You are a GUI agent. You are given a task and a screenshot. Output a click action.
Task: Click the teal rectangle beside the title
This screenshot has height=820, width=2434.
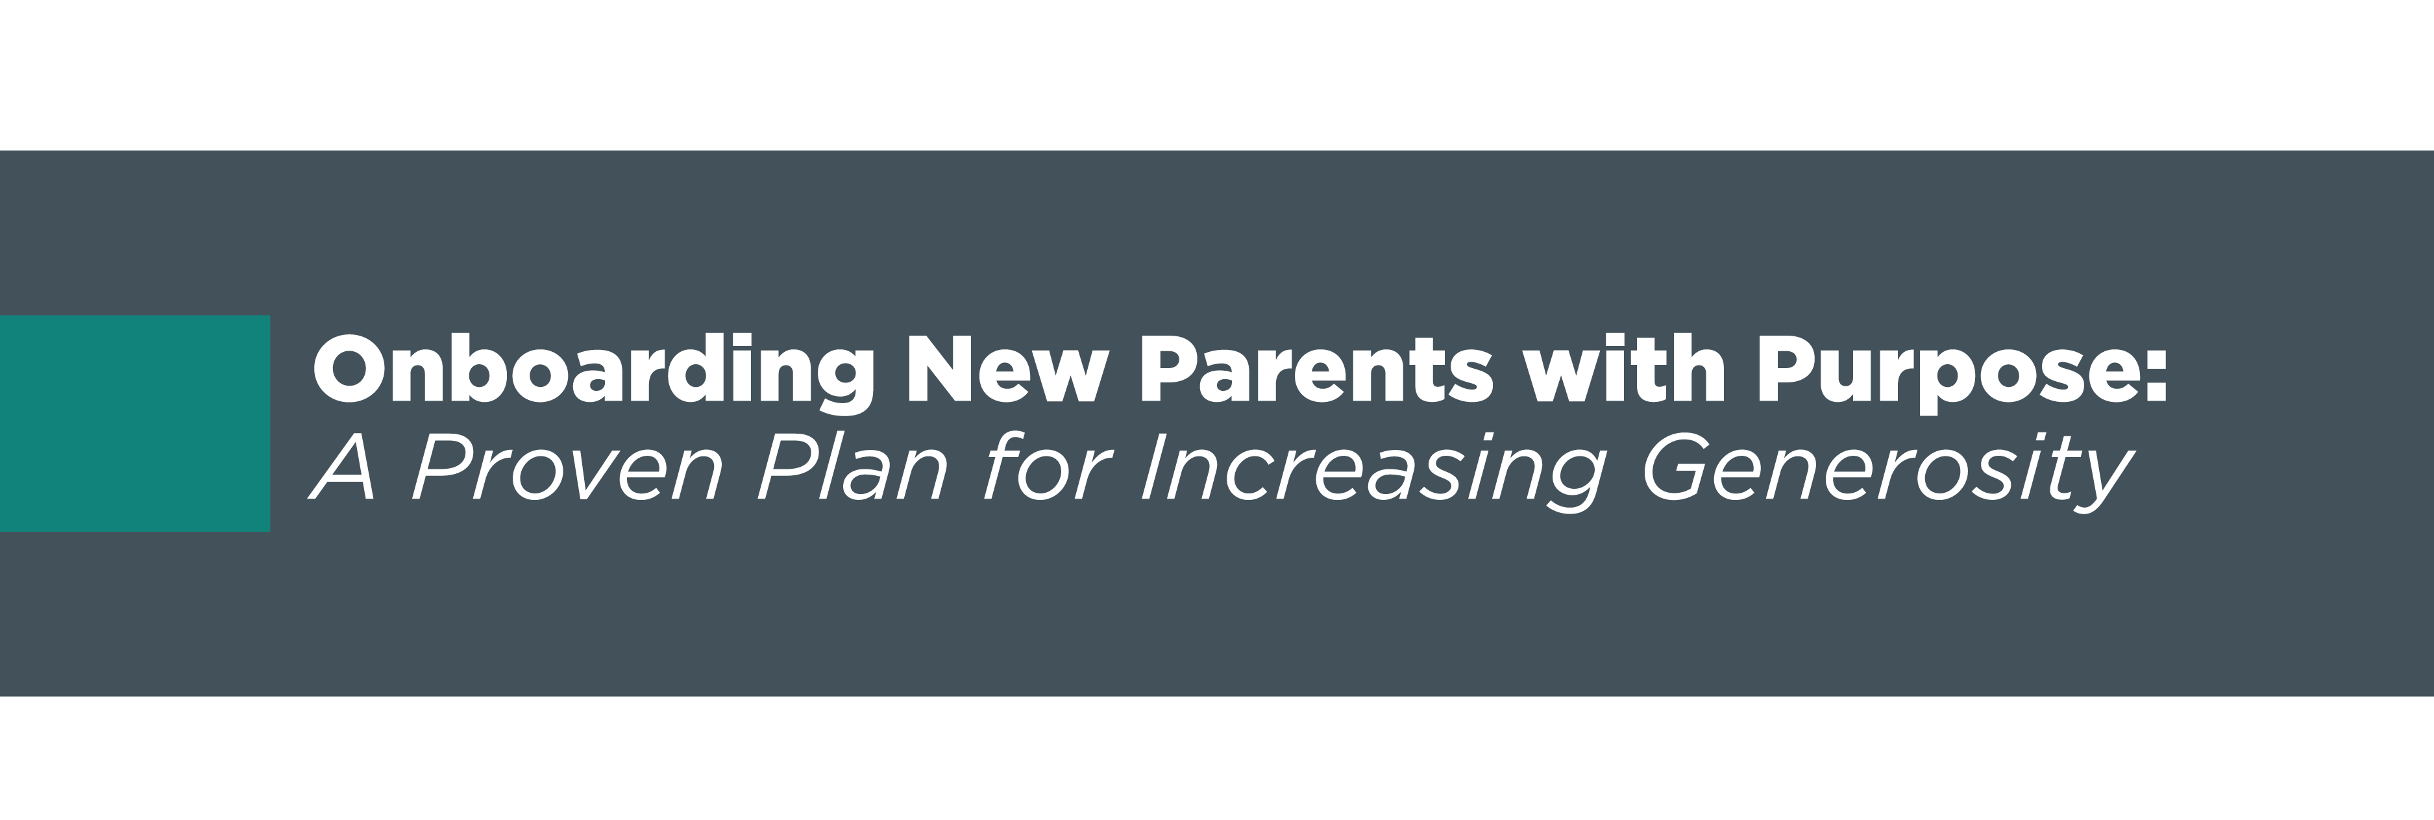pos(135,423)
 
